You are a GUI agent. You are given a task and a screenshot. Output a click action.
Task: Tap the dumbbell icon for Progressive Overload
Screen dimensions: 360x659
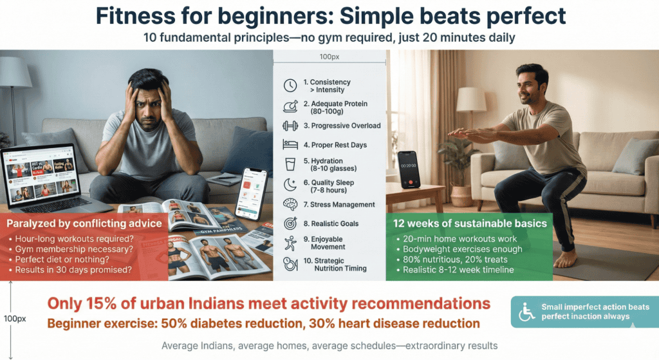(x=291, y=126)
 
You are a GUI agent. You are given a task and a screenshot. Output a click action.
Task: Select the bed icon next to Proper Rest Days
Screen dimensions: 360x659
(x=291, y=145)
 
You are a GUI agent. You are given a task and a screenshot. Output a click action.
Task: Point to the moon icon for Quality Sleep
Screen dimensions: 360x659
(x=291, y=185)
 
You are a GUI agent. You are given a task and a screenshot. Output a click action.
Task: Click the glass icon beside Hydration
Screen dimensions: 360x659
(x=291, y=165)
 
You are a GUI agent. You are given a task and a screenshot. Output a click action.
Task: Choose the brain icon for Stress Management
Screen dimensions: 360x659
(x=291, y=205)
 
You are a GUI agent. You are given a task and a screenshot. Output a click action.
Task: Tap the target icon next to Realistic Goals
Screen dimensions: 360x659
(x=291, y=224)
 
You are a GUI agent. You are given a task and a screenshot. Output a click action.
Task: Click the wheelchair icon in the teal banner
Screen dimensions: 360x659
(x=526, y=312)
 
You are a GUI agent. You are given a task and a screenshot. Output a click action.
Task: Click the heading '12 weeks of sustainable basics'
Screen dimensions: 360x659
(x=470, y=223)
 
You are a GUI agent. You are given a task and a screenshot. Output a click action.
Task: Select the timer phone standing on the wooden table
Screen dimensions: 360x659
(x=407, y=169)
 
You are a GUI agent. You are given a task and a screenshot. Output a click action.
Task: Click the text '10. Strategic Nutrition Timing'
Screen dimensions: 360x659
(x=337, y=264)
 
